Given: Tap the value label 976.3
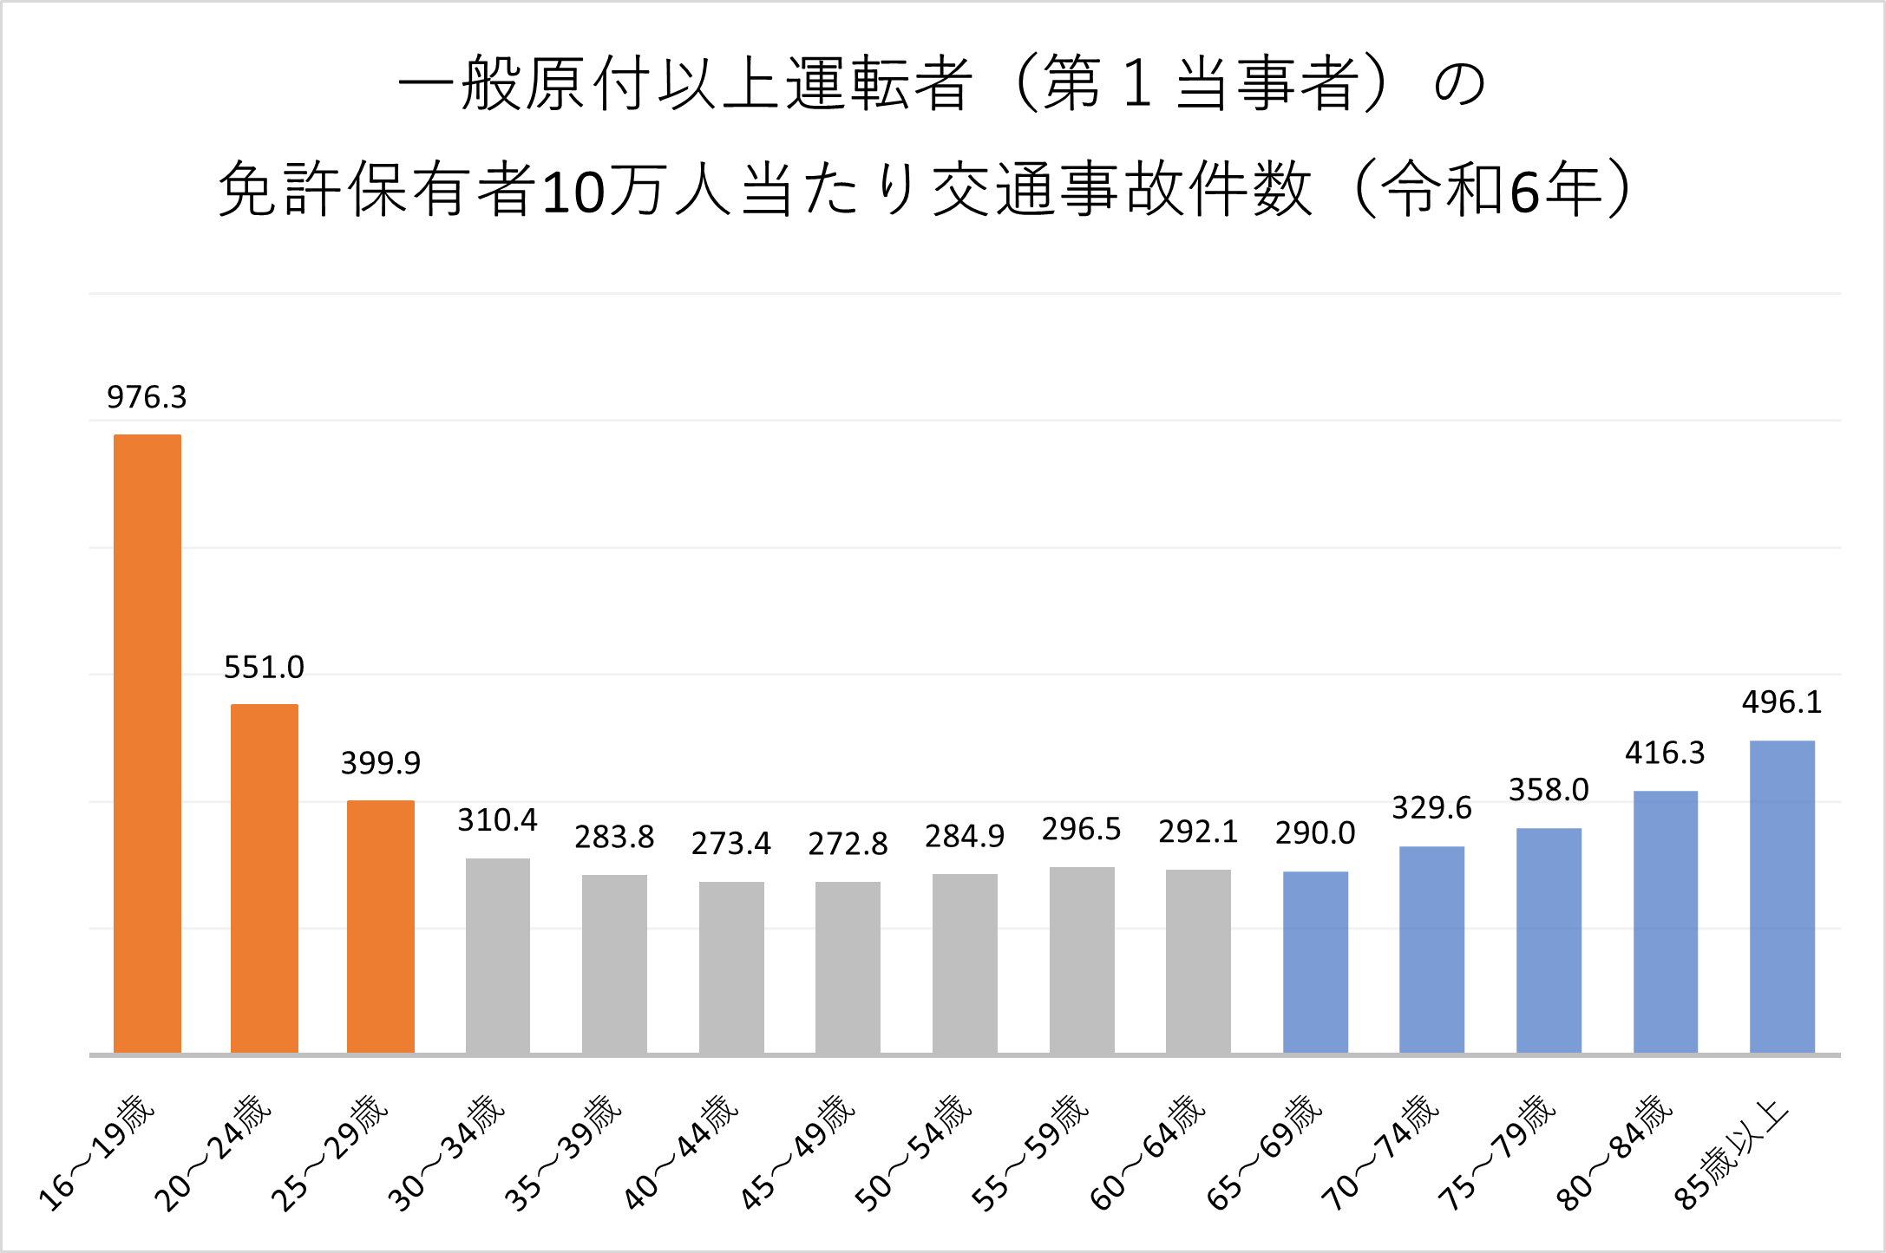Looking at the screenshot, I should [x=147, y=397].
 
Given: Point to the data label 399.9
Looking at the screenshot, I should [x=380, y=763].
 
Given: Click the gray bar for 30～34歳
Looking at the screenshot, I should [x=497, y=956].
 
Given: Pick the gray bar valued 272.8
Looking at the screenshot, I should [x=848, y=967].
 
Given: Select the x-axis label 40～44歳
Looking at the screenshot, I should [x=682, y=1152].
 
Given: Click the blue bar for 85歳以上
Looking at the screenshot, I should [x=1782, y=897].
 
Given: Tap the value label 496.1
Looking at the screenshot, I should [x=1782, y=702].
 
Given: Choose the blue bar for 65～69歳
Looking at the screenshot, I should [x=1315, y=963].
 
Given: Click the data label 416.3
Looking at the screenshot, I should [x=1665, y=753].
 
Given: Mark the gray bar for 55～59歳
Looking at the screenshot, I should [x=1082, y=960].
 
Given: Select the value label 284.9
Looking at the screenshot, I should [x=964, y=837].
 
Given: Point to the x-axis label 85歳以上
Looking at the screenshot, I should [x=1732, y=1152].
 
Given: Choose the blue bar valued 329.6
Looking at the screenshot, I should [x=1431, y=950].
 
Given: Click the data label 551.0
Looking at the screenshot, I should [x=264, y=668].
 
